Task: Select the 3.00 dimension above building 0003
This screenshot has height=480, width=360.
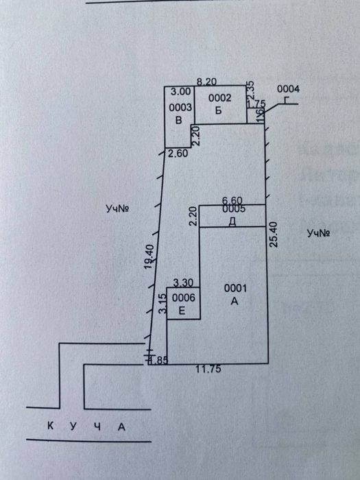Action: pyautogui.click(x=180, y=91)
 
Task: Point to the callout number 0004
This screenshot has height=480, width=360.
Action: pyautogui.click(x=288, y=89)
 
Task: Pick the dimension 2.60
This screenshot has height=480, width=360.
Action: pyautogui.click(x=178, y=154)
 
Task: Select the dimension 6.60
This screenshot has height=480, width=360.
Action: pyautogui.click(x=233, y=200)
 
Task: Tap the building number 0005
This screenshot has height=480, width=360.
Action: pyautogui.click(x=234, y=208)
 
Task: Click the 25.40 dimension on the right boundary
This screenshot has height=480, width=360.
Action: pyautogui.click(x=274, y=235)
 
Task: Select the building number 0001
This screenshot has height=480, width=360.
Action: pyautogui.click(x=235, y=288)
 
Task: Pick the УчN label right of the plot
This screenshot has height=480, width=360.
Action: pyautogui.click(x=320, y=234)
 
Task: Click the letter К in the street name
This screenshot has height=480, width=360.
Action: pyautogui.click(x=50, y=427)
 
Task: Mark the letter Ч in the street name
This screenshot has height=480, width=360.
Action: pyautogui.click(x=97, y=427)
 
